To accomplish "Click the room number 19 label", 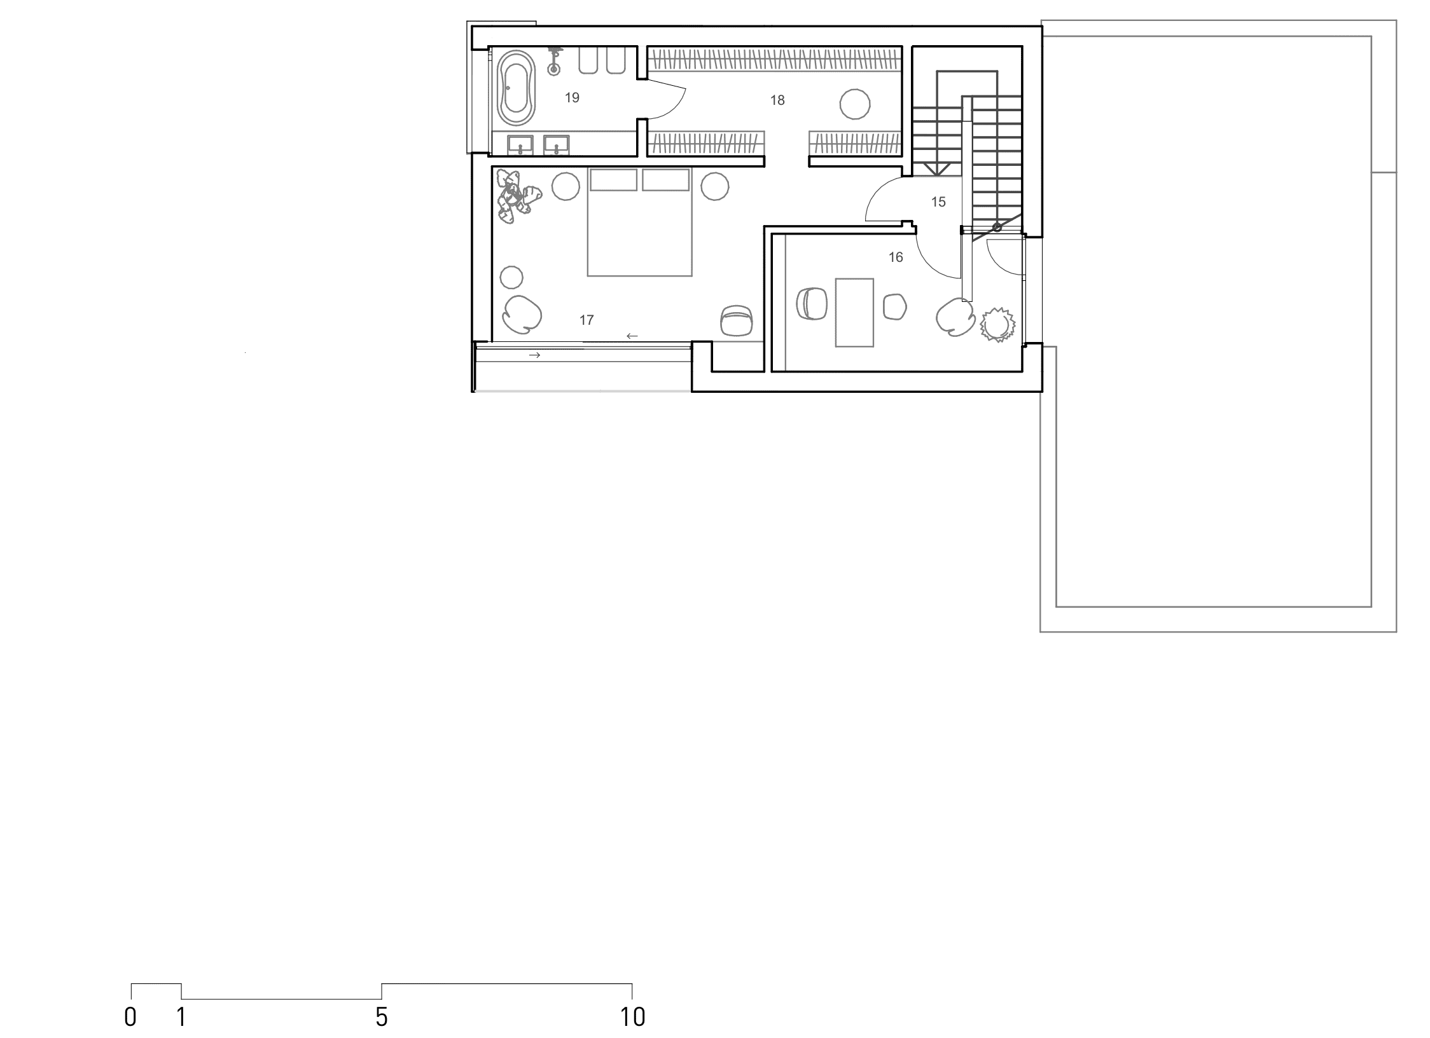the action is pos(572,98).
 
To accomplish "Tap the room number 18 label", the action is pos(777,100).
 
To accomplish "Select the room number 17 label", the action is pos(587,320).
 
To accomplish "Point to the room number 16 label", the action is pos(896,257).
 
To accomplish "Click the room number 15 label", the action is pos(938,202).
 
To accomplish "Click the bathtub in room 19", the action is pos(516,88).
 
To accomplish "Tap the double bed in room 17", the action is pos(639,222).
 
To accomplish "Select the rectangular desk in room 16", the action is pos(854,312).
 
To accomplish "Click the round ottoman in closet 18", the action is pos(854,104).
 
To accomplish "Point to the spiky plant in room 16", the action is pos(996,325).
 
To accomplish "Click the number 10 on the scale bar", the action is pos(632,1017).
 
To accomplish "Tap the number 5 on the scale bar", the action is pos(381,1017).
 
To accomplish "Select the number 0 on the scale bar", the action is pos(130,1017).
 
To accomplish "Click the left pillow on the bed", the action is pos(613,179).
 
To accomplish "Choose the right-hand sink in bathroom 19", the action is pos(557,146).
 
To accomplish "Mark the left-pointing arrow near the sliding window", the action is pos(632,336).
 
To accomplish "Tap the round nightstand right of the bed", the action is pos(715,187).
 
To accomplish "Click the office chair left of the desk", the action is pos(812,304).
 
